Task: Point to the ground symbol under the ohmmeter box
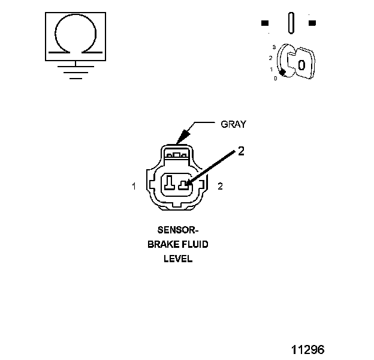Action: coord(75,71)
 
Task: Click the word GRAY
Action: coord(234,124)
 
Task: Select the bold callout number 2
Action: coord(241,151)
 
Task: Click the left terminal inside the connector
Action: coord(170,181)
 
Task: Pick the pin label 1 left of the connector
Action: coord(134,187)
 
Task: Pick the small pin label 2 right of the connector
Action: coord(220,187)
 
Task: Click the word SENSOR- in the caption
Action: coord(177,230)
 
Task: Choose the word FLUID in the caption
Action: coord(194,245)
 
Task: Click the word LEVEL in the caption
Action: coord(178,260)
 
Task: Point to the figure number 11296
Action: coord(307,349)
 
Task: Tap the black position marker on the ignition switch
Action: coord(282,72)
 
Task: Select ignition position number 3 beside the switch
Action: coord(273,47)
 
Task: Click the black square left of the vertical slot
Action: coord(265,24)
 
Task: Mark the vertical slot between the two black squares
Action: coord(291,23)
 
